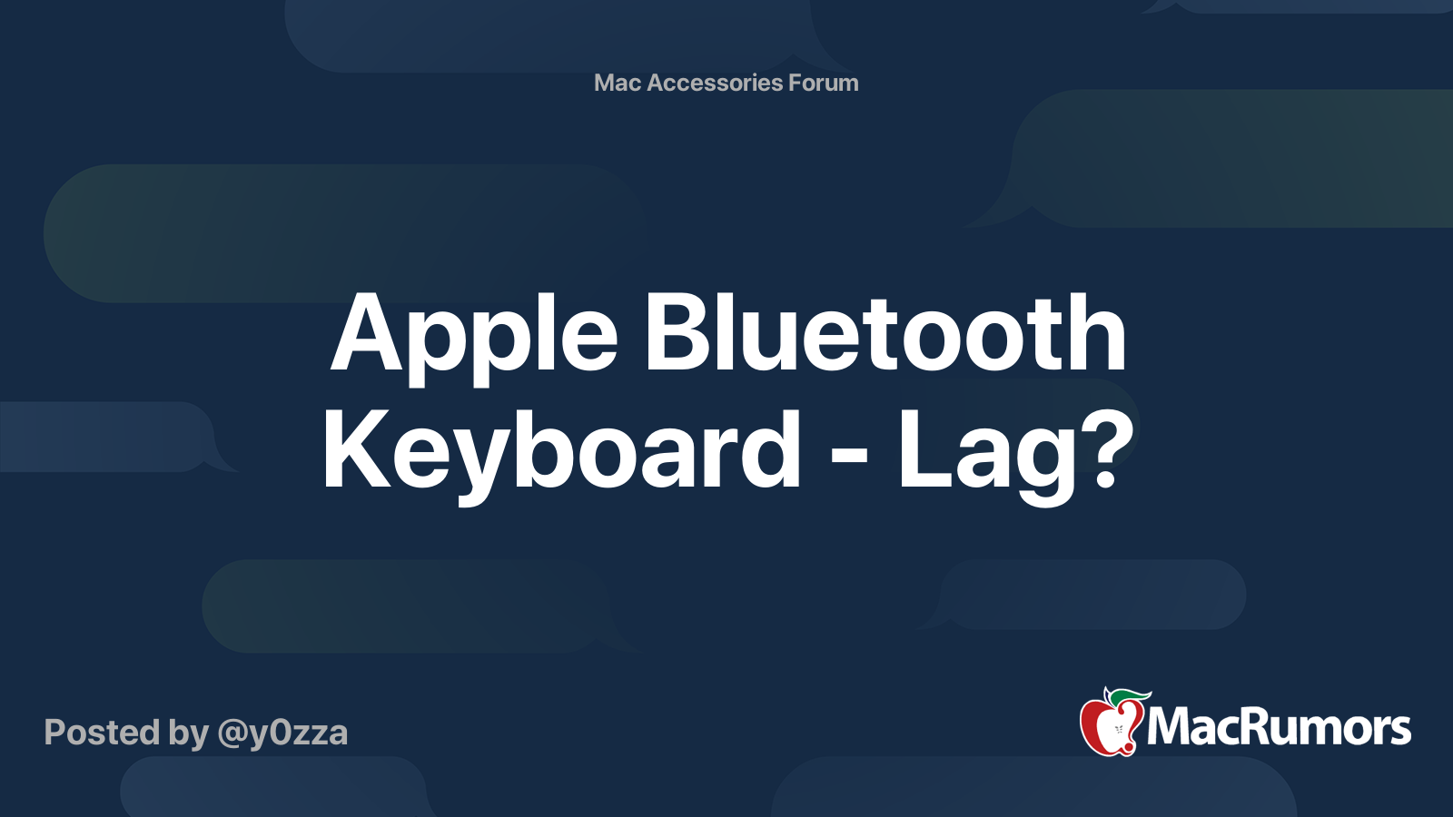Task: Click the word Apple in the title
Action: pyautogui.click(x=474, y=336)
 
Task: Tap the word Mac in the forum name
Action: pyautogui.click(x=618, y=83)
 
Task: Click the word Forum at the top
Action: pyautogui.click(x=823, y=83)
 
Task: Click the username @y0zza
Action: pyautogui.click(x=282, y=733)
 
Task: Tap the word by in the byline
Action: pyautogui.click(x=190, y=733)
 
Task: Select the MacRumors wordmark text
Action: pyautogui.click(x=1279, y=728)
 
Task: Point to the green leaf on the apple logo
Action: pyautogui.click(x=1126, y=695)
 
